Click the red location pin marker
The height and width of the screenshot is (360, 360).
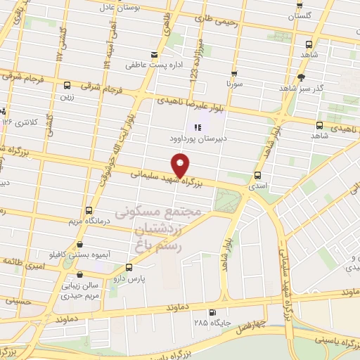(181, 166)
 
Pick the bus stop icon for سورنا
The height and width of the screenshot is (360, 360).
(233, 73)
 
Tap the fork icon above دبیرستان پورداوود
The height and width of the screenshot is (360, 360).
(198, 127)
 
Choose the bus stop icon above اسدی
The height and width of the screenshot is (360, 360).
(257, 175)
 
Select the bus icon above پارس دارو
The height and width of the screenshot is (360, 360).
(129, 268)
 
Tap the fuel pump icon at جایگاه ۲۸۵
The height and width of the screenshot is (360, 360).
(213, 313)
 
